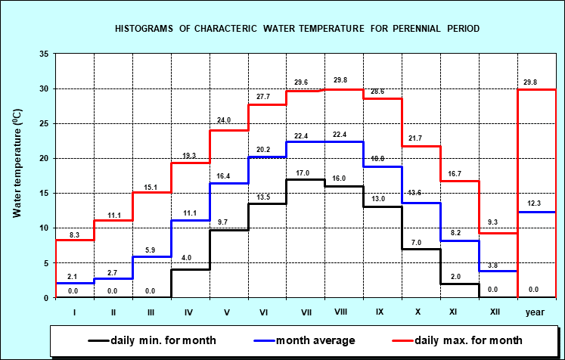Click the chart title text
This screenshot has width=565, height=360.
click(297, 28)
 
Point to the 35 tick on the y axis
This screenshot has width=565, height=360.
click(44, 54)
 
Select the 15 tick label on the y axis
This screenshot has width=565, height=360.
click(44, 193)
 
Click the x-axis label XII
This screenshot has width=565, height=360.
click(497, 310)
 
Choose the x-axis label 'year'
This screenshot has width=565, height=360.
click(536, 310)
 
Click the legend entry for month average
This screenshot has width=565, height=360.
click(308, 340)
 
